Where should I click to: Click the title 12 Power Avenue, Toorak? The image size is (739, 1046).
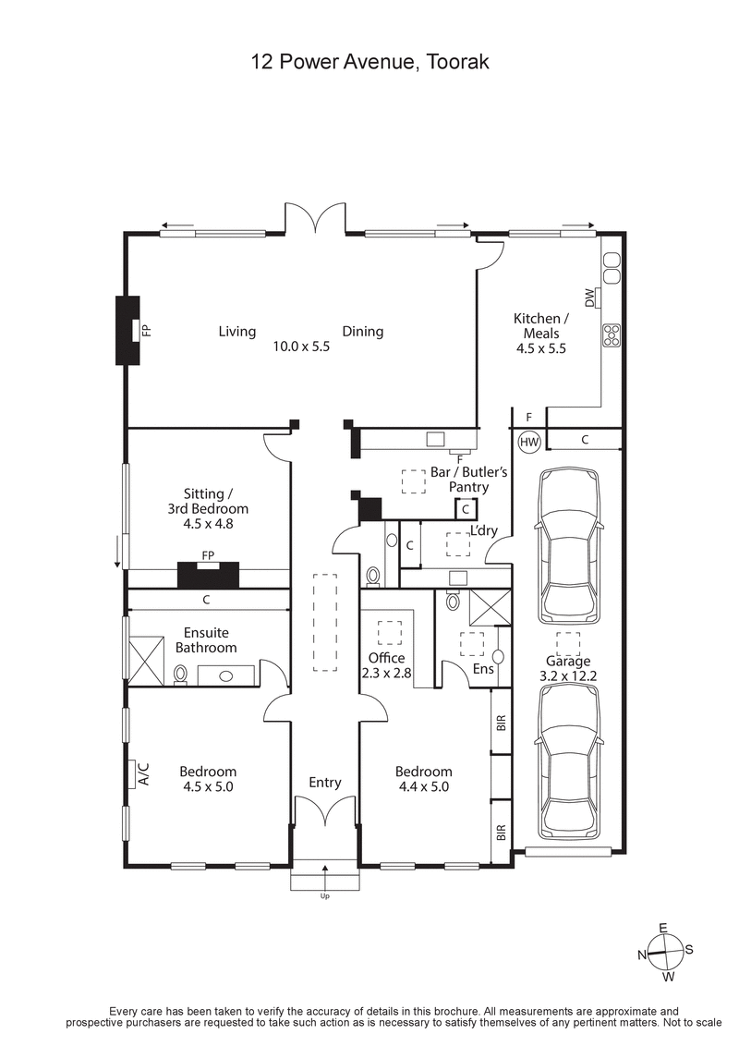[369, 63]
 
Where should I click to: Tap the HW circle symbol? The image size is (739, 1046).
[529, 443]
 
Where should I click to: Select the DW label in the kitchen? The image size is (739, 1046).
[589, 298]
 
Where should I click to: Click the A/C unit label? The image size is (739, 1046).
[143, 772]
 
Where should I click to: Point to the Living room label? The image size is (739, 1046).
[237, 331]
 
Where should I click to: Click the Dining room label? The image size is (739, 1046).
[362, 331]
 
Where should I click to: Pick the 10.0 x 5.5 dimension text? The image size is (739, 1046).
[301, 347]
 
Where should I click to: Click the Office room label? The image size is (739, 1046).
[385, 657]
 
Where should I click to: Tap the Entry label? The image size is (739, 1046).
[325, 782]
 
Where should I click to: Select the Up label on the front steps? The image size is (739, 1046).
[325, 895]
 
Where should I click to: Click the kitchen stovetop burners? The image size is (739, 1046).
[612, 334]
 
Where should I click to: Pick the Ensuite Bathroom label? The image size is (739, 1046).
[206, 640]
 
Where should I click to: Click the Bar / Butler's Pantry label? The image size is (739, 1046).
[469, 479]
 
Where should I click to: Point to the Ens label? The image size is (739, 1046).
[483, 667]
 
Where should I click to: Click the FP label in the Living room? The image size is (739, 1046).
[146, 330]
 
